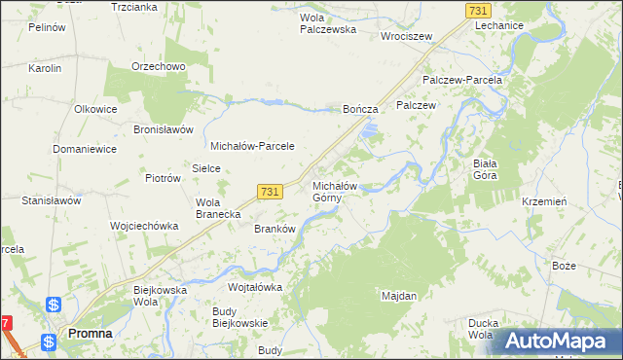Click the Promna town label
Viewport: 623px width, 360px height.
click(x=89, y=333)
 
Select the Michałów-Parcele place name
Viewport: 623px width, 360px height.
click(x=252, y=145)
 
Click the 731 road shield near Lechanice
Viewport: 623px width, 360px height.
click(x=477, y=10)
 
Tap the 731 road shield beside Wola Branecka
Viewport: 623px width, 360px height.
click(x=271, y=193)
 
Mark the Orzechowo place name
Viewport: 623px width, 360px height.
click(x=159, y=66)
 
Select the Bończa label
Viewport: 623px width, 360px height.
click(x=360, y=111)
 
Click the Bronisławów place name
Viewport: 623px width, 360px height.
click(x=164, y=129)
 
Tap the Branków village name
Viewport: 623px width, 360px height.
click(x=274, y=229)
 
